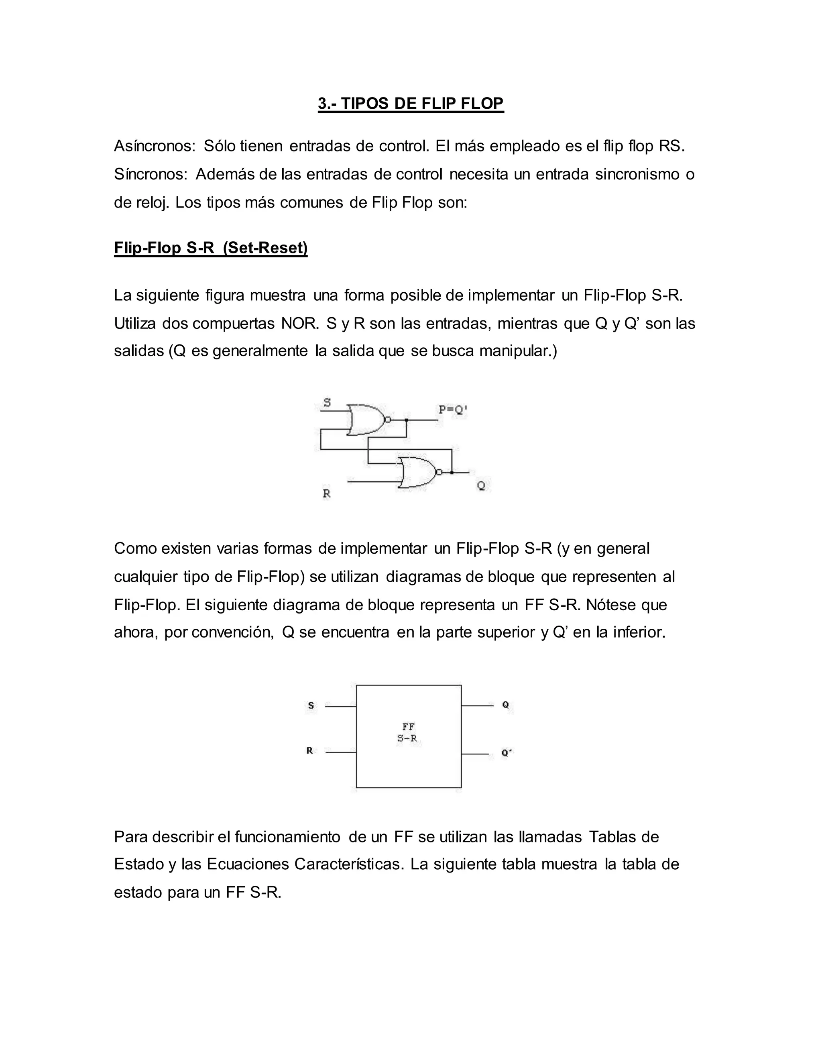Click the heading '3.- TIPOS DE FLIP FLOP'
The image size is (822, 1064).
tap(411, 104)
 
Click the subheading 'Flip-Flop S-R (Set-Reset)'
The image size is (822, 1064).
tap(210, 248)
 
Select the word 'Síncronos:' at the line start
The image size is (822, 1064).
tap(151, 174)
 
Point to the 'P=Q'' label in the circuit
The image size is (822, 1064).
tap(452, 410)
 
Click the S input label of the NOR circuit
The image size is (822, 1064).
tap(327, 402)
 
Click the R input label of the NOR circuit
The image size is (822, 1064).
tap(327, 493)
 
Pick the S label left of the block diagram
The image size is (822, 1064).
tap(311, 705)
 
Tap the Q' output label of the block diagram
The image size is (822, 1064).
tap(507, 753)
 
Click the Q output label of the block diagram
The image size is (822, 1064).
tap(505, 705)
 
